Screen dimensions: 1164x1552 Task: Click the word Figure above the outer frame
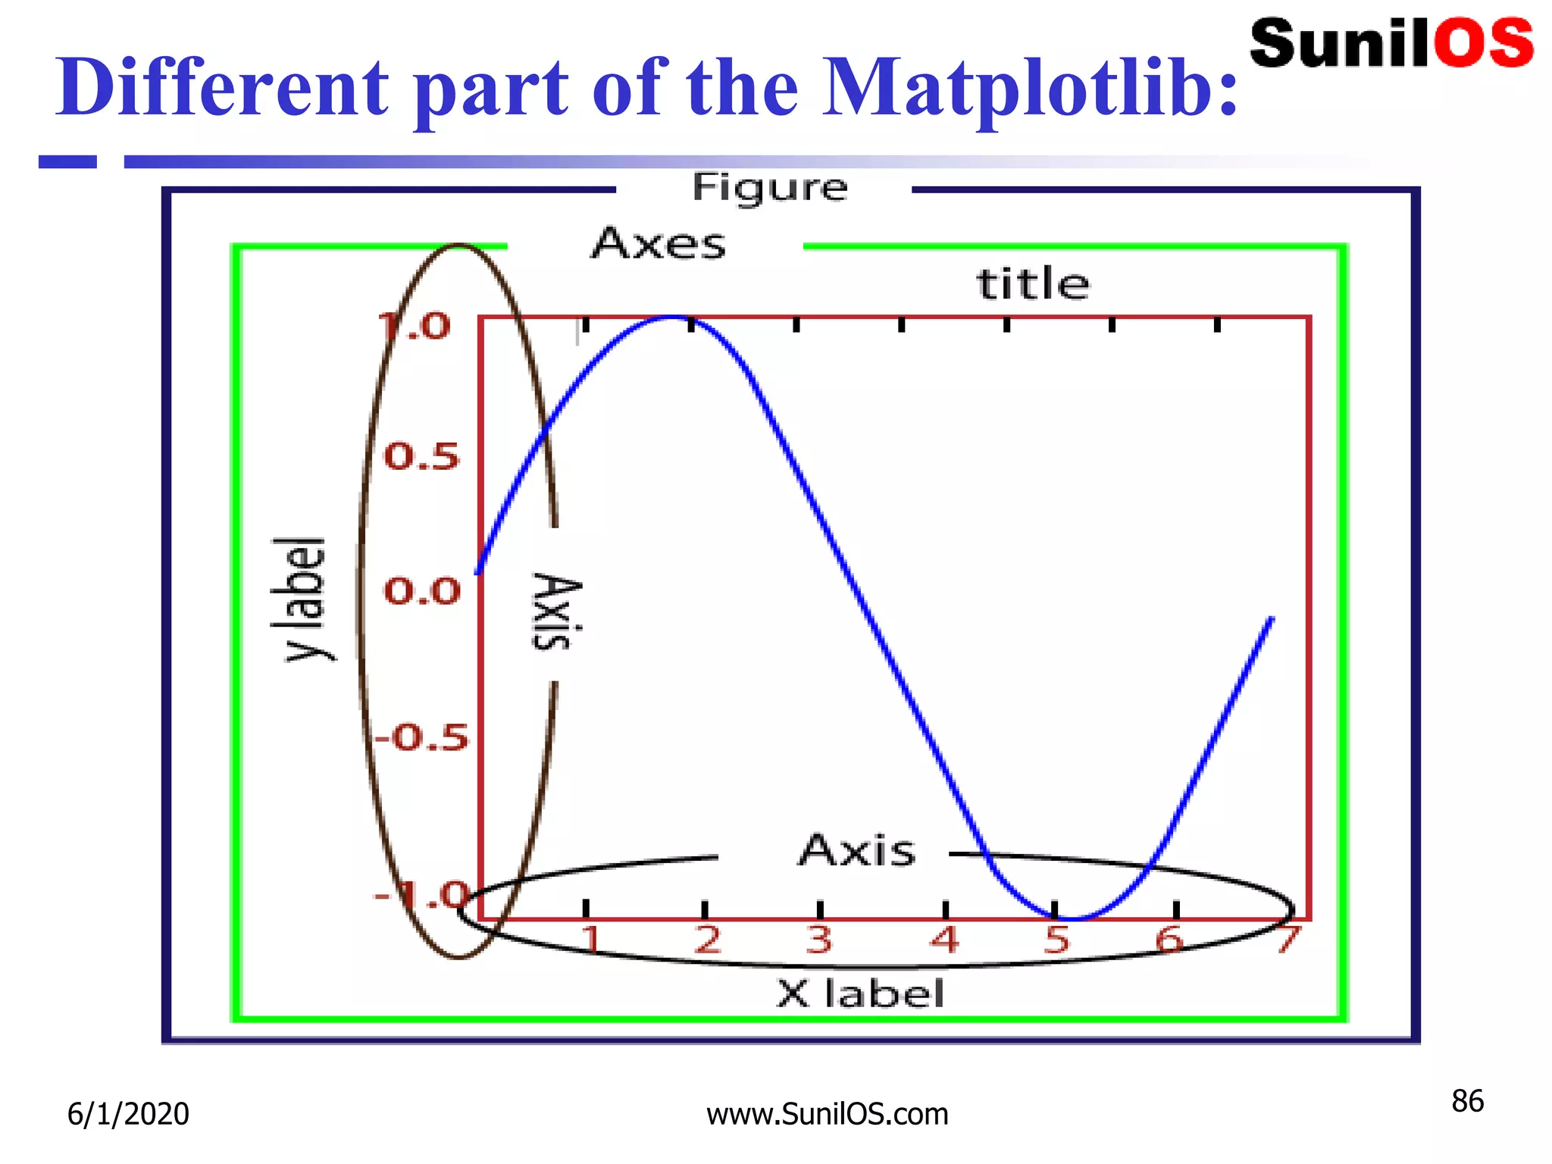(769, 188)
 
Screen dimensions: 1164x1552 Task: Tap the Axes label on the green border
(659, 244)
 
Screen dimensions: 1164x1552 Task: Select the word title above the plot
(1033, 284)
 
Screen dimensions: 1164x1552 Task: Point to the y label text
(301, 599)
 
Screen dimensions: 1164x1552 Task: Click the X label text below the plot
(861, 993)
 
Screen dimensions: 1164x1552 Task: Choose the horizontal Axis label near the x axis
(857, 850)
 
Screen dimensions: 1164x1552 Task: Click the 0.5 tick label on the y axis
(422, 457)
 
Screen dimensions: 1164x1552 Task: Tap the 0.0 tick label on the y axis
(422, 591)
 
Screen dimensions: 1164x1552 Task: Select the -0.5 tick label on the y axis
(422, 737)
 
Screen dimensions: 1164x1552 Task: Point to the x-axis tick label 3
(819, 940)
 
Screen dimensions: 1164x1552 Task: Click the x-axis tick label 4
(945, 940)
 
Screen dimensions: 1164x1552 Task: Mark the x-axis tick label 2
(707, 940)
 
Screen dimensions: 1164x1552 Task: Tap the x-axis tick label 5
(1056, 940)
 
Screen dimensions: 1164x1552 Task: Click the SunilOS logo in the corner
(1391, 44)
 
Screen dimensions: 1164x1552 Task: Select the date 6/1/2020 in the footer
(128, 1114)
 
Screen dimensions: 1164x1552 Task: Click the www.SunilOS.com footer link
(828, 1114)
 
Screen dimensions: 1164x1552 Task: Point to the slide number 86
(1467, 1101)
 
